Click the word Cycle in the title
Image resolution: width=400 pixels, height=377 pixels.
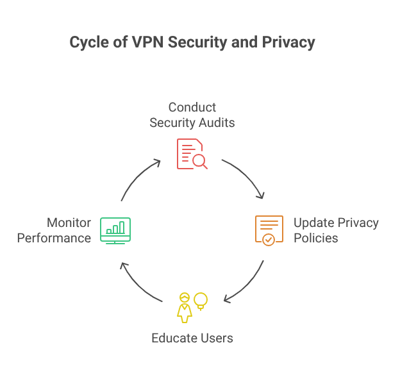(87, 43)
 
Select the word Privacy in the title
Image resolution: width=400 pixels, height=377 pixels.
(290, 43)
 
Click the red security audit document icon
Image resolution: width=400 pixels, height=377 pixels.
(190, 153)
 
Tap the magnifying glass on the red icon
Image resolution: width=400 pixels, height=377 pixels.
(201, 162)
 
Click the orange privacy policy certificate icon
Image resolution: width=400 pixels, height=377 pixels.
(269, 230)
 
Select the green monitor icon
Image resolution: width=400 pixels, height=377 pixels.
(115, 230)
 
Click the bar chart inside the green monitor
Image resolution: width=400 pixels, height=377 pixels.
(115, 227)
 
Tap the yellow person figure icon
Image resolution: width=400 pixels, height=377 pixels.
(185, 307)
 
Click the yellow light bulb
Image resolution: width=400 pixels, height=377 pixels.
(201, 300)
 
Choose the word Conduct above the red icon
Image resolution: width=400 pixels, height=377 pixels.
(192, 107)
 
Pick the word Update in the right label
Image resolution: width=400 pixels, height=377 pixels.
(312, 223)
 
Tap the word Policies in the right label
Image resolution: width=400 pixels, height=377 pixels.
(315, 238)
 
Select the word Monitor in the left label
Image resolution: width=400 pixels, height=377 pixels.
(69, 223)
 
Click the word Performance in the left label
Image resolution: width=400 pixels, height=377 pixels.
(54, 238)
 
